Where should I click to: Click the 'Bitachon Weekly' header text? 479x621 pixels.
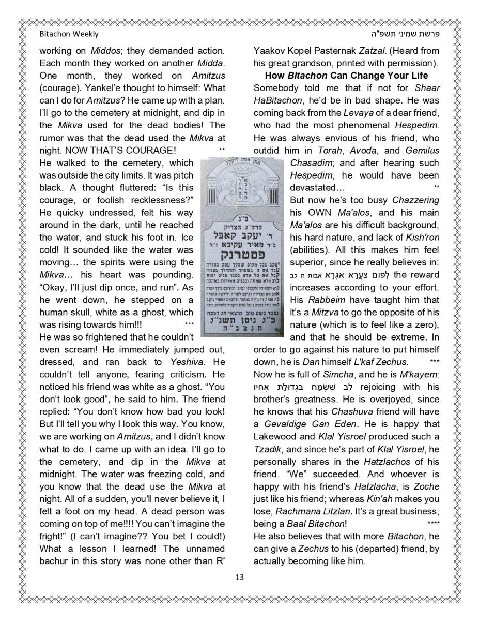[x=69, y=34]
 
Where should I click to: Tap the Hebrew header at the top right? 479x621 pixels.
[x=411, y=34]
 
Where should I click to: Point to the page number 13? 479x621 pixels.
[x=239, y=578]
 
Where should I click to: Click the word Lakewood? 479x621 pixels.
[x=275, y=437]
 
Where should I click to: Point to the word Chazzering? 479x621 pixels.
[x=415, y=200]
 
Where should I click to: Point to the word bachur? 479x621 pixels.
[x=54, y=561]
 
